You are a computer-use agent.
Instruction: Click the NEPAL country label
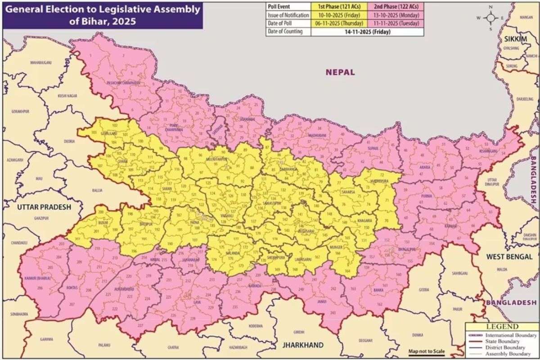point(340,72)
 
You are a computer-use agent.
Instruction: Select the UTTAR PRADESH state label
point(44,207)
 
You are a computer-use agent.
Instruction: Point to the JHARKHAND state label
point(302,345)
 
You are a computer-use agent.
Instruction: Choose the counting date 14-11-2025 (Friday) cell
point(362,31)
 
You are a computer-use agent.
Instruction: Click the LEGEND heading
point(502,327)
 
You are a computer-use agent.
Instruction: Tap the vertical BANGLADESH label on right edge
point(534,180)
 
